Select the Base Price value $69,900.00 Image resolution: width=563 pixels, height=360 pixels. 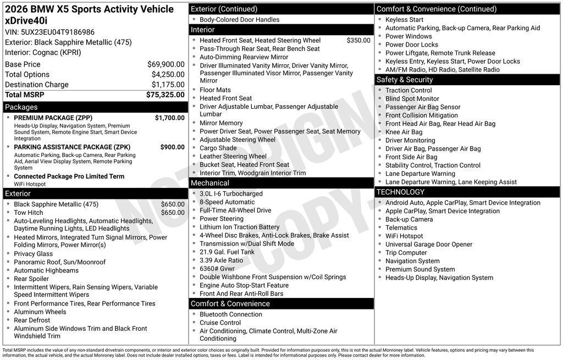[x=165, y=64]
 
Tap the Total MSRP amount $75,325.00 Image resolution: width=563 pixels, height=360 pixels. [x=165, y=95]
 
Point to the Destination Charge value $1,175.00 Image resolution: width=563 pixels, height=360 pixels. [x=168, y=85]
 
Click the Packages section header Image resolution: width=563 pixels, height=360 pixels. [x=21, y=107]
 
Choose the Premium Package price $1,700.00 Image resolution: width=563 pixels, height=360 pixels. [x=169, y=118]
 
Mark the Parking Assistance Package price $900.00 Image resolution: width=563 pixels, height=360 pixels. [x=172, y=147]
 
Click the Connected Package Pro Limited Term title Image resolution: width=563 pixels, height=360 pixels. [x=69, y=176]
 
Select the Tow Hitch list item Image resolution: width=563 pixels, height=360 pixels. [x=29, y=213]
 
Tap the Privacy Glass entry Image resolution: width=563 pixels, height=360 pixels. [x=34, y=254]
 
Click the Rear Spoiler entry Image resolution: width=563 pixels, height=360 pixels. [x=31, y=279]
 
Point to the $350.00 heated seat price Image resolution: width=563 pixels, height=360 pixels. [x=358, y=40]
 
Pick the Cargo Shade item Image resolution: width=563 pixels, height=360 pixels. [x=218, y=148]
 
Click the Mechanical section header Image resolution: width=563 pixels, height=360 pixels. [x=210, y=183]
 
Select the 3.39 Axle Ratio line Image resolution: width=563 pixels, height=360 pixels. [x=221, y=261]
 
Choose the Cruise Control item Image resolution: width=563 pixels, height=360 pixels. [x=220, y=323]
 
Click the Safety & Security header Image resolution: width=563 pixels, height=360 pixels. [x=405, y=80]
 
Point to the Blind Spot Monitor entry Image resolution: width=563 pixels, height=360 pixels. [x=412, y=99]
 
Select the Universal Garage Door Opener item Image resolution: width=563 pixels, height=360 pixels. [x=429, y=245]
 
